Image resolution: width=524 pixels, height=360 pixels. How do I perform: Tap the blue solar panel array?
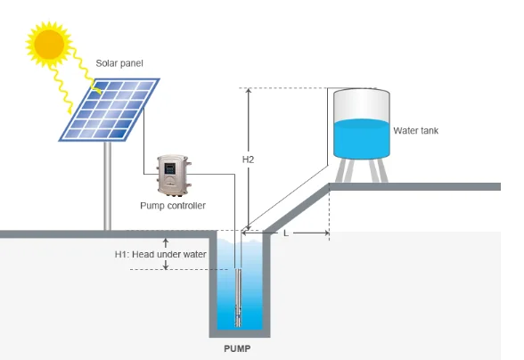tap(110, 109)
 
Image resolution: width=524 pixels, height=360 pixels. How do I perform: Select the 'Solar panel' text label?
tap(120, 64)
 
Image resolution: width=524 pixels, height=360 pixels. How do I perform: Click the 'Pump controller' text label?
tap(173, 205)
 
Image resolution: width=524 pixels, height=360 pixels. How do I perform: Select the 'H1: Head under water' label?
tap(160, 254)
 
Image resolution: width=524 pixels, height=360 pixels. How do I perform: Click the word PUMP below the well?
tap(237, 348)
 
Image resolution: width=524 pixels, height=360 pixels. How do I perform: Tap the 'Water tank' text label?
tap(415, 131)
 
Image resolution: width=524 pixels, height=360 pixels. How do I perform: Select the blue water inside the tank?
tap(361, 138)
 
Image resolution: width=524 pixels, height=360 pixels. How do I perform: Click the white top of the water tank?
tap(361, 100)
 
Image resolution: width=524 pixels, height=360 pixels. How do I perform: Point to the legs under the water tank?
tap(361, 169)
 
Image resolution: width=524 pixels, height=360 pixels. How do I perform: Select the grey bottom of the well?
tap(238, 331)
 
